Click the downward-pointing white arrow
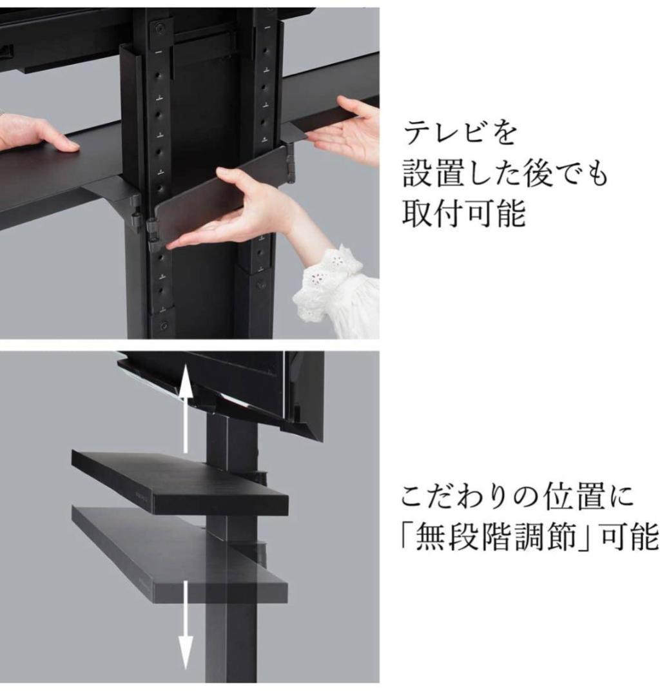click(186, 628)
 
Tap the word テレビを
click(461, 134)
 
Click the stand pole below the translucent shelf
click(230, 644)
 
